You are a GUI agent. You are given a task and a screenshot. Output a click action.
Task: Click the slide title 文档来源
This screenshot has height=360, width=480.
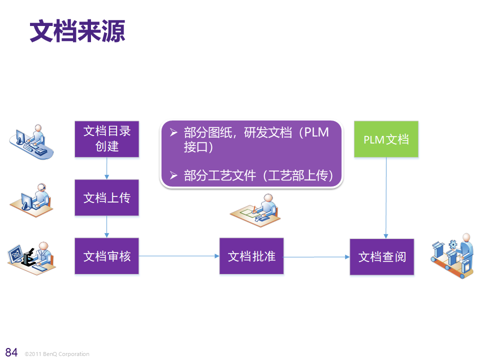click(x=77, y=31)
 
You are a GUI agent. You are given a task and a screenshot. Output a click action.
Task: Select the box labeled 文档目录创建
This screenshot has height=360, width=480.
click(x=107, y=139)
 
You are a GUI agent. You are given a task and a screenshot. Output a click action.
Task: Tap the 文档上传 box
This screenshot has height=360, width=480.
click(x=107, y=198)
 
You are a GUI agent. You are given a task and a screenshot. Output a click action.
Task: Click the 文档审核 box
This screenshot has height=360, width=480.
click(x=107, y=256)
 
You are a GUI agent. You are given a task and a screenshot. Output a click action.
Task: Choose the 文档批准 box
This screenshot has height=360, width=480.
click(x=251, y=256)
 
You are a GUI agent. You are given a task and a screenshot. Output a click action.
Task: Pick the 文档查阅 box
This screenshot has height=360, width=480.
click(x=382, y=257)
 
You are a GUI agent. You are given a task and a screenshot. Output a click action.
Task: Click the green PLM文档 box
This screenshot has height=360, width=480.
click(x=386, y=139)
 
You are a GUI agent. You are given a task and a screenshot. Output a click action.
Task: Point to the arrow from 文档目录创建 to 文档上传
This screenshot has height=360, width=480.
click(x=107, y=168)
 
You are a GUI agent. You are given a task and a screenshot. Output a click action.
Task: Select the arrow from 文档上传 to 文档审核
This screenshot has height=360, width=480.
click(x=107, y=227)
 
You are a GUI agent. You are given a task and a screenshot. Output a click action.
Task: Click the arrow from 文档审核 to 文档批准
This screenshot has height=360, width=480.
click(x=179, y=256)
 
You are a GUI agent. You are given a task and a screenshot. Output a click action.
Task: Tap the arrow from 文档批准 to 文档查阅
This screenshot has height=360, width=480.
click(x=316, y=257)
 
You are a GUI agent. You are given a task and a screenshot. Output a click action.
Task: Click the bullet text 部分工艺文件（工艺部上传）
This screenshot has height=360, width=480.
click(x=258, y=175)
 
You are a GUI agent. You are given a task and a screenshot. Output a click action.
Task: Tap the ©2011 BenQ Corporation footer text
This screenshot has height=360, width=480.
click(x=57, y=354)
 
